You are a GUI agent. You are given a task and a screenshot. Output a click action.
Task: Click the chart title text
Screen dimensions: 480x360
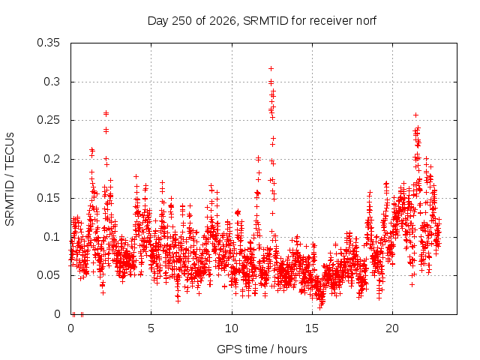262,21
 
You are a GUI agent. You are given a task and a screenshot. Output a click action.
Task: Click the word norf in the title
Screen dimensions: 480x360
366,21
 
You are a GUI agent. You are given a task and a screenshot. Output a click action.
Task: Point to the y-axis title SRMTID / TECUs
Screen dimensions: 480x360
10,179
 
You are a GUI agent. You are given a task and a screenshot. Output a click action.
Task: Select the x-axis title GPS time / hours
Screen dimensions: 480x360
262,349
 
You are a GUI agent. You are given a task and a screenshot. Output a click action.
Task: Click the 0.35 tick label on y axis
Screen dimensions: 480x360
48,43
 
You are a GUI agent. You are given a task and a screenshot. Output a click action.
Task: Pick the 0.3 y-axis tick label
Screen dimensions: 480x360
52,82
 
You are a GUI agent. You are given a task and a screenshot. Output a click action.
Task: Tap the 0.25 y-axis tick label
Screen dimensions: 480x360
48,120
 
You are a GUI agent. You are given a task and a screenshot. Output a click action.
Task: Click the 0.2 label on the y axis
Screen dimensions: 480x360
52,159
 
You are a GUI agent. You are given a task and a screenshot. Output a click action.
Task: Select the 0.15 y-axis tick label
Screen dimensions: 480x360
48,198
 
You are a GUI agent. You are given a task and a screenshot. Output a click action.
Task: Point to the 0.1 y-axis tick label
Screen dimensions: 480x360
52,237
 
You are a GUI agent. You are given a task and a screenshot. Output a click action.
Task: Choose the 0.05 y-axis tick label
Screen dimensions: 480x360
48,275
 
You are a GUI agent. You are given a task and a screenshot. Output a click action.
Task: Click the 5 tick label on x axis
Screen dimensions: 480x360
151,328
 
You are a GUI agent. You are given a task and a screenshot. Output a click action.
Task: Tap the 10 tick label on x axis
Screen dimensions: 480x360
232,328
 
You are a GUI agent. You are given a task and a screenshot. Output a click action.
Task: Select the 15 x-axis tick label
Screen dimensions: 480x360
312,328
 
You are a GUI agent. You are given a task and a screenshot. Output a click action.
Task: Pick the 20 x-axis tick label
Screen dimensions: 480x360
392,328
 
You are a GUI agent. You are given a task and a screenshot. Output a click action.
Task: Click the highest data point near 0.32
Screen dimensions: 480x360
271,68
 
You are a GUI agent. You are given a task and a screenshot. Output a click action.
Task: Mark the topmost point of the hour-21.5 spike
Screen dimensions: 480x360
415,115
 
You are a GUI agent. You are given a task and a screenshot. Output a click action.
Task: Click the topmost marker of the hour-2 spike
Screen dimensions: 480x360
106,113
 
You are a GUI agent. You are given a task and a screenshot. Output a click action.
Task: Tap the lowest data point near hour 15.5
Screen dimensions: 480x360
320,307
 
